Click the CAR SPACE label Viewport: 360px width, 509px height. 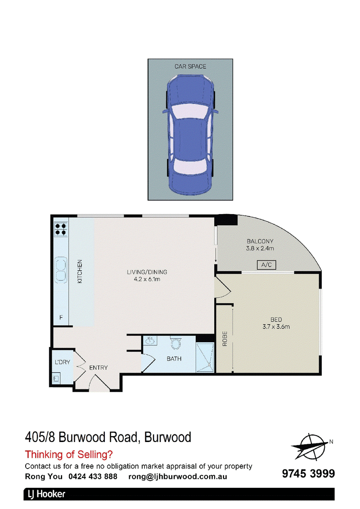click(x=190, y=67)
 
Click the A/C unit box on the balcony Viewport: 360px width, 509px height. click(x=266, y=265)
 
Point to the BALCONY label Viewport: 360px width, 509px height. click(x=260, y=241)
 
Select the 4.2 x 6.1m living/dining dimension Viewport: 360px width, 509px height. click(x=147, y=279)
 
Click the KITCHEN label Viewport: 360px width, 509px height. click(x=80, y=272)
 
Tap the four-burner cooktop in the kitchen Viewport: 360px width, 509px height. click(x=61, y=229)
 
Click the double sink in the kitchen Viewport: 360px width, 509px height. click(x=61, y=269)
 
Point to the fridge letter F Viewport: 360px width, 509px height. click(x=61, y=317)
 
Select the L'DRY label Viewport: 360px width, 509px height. click(x=63, y=362)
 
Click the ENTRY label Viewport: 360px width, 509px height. click(x=99, y=367)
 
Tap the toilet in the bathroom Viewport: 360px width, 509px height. click(x=176, y=343)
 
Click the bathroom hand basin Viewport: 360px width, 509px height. click(x=150, y=340)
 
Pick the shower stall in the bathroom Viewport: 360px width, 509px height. click(x=205, y=357)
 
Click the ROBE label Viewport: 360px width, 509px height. click(x=225, y=339)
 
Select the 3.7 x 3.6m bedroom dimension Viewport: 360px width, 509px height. click(x=276, y=327)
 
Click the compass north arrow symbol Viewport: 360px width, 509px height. click(x=310, y=446)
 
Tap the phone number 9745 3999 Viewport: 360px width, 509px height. click(x=308, y=473)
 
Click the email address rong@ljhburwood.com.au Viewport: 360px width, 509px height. click(x=178, y=477)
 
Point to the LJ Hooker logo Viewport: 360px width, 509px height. click(x=46, y=494)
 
